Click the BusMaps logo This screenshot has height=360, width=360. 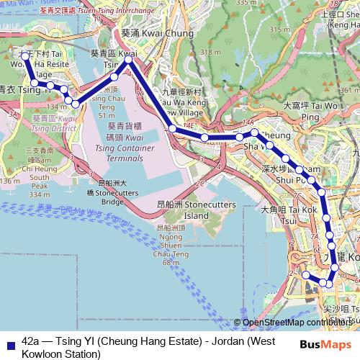tap(326, 344)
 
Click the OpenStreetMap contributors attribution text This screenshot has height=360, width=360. tap(299, 323)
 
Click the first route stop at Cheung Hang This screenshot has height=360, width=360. tap(24, 55)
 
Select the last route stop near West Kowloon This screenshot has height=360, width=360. tap(306, 275)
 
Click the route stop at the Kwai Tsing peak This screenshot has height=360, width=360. tap(129, 60)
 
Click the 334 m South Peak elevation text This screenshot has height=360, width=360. tap(39, 194)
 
